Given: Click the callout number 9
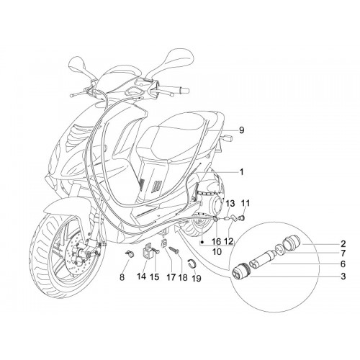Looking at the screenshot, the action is click(241, 130).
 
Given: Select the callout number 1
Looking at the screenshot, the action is click(242, 172).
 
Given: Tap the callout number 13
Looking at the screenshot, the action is click(230, 204).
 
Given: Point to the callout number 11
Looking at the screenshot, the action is click(246, 203).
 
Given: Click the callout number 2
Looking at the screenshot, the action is click(343, 244).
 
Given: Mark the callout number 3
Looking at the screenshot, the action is click(343, 276).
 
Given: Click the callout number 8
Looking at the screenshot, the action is click(122, 277).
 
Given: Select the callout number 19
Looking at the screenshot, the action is click(197, 279).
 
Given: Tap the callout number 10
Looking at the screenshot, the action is click(217, 251).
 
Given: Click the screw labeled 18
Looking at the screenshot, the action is click(175, 251).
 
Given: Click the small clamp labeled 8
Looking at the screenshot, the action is click(130, 254).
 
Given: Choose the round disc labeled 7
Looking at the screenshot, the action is click(279, 248).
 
